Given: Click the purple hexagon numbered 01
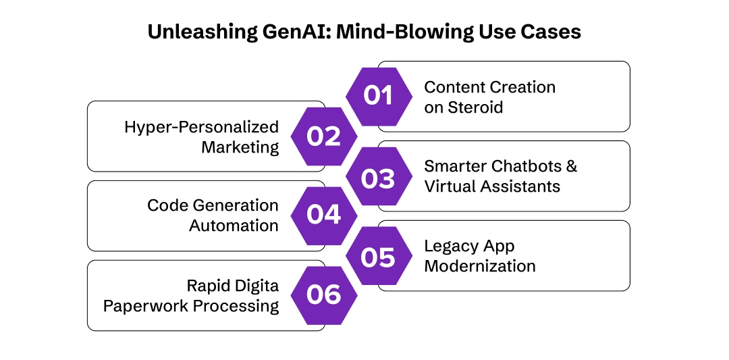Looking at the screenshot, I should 378,97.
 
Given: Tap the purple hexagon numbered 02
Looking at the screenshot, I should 323,136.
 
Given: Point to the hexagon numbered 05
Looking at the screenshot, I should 378,256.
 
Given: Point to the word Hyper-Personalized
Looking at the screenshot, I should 201,127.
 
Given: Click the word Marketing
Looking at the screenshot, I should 240,147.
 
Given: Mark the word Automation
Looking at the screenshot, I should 234,226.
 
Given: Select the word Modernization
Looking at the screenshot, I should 480,266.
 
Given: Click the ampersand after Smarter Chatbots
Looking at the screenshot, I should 571,166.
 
